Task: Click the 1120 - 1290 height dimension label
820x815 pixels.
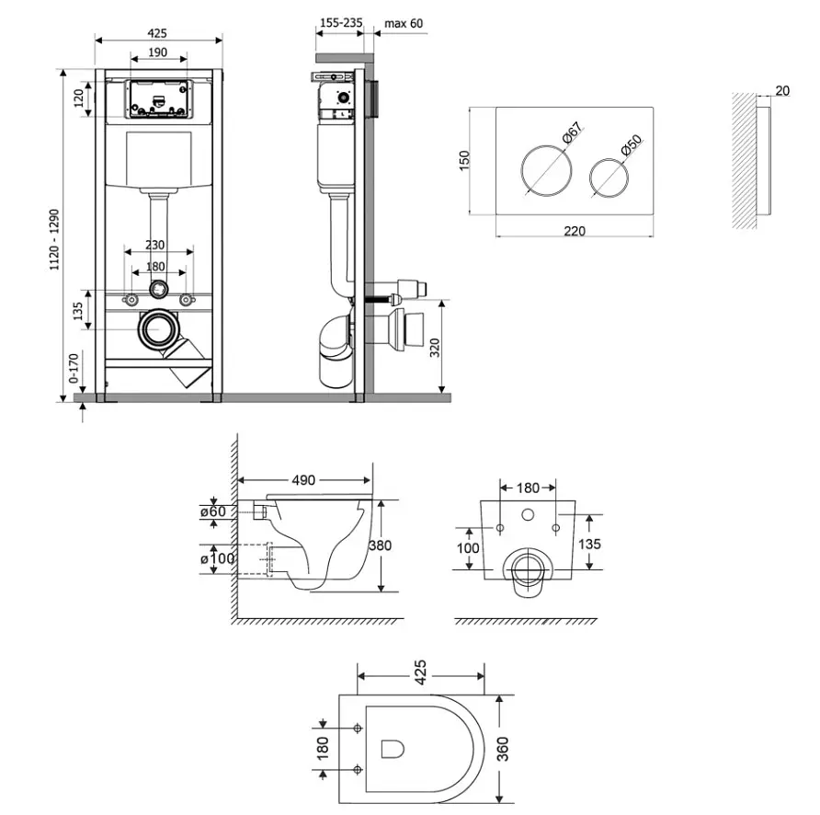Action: click(54, 240)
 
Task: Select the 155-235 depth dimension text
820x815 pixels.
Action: click(341, 23)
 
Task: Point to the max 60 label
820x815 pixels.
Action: click(404, 24)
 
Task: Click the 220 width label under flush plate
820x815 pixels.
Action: click(575, 231)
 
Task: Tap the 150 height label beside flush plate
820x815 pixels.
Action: click(464, 161)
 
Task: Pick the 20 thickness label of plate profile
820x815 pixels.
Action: click(782, 90)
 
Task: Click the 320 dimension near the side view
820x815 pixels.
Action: click(435, 348)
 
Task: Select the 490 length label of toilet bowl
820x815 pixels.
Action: click(303, 480)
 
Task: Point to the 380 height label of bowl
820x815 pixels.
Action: click(380, 545)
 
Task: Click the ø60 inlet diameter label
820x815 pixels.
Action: click(213, 511)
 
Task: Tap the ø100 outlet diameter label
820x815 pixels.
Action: click(218, 558)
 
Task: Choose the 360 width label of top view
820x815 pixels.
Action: click(502, 749)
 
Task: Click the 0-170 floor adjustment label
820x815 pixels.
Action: click(74, 368)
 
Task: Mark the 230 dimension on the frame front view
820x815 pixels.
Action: click(154, 245)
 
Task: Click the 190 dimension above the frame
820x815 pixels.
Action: click(157, 52)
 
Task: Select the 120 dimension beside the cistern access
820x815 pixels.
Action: click(78, 98)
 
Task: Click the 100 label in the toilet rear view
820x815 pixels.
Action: click(468, 548)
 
